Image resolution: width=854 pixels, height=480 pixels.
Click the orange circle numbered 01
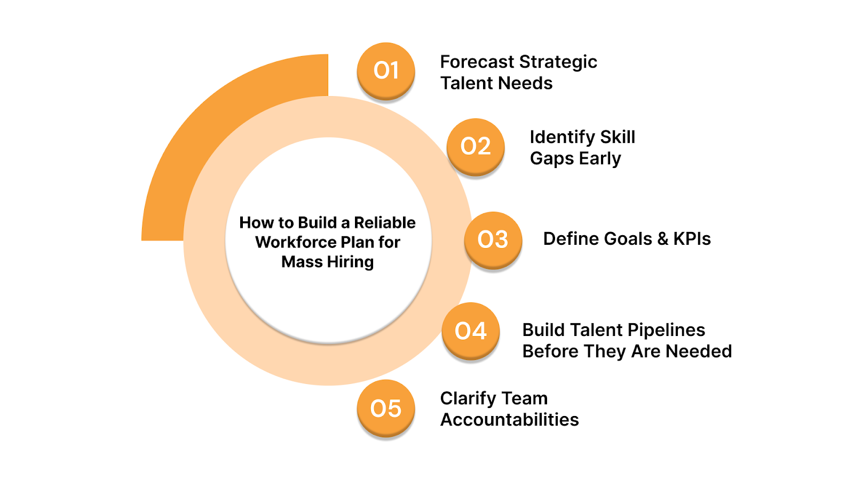386,70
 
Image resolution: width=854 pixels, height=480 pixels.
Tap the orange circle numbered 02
476,146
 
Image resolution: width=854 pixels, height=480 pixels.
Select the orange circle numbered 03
493,239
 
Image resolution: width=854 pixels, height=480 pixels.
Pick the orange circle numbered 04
471,331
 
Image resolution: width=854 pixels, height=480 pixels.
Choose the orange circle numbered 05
386,408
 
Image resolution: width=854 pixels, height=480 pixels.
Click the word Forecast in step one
477,62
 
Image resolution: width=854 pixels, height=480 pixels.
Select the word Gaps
551,159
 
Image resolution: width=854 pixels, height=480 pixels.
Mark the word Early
600,159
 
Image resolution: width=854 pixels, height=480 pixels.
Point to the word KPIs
692,239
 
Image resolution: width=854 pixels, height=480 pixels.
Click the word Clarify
468,399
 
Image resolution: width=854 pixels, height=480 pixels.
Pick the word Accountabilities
509,420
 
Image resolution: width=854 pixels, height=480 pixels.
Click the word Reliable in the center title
384,222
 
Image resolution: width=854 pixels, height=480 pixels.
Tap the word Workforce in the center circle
295,242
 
